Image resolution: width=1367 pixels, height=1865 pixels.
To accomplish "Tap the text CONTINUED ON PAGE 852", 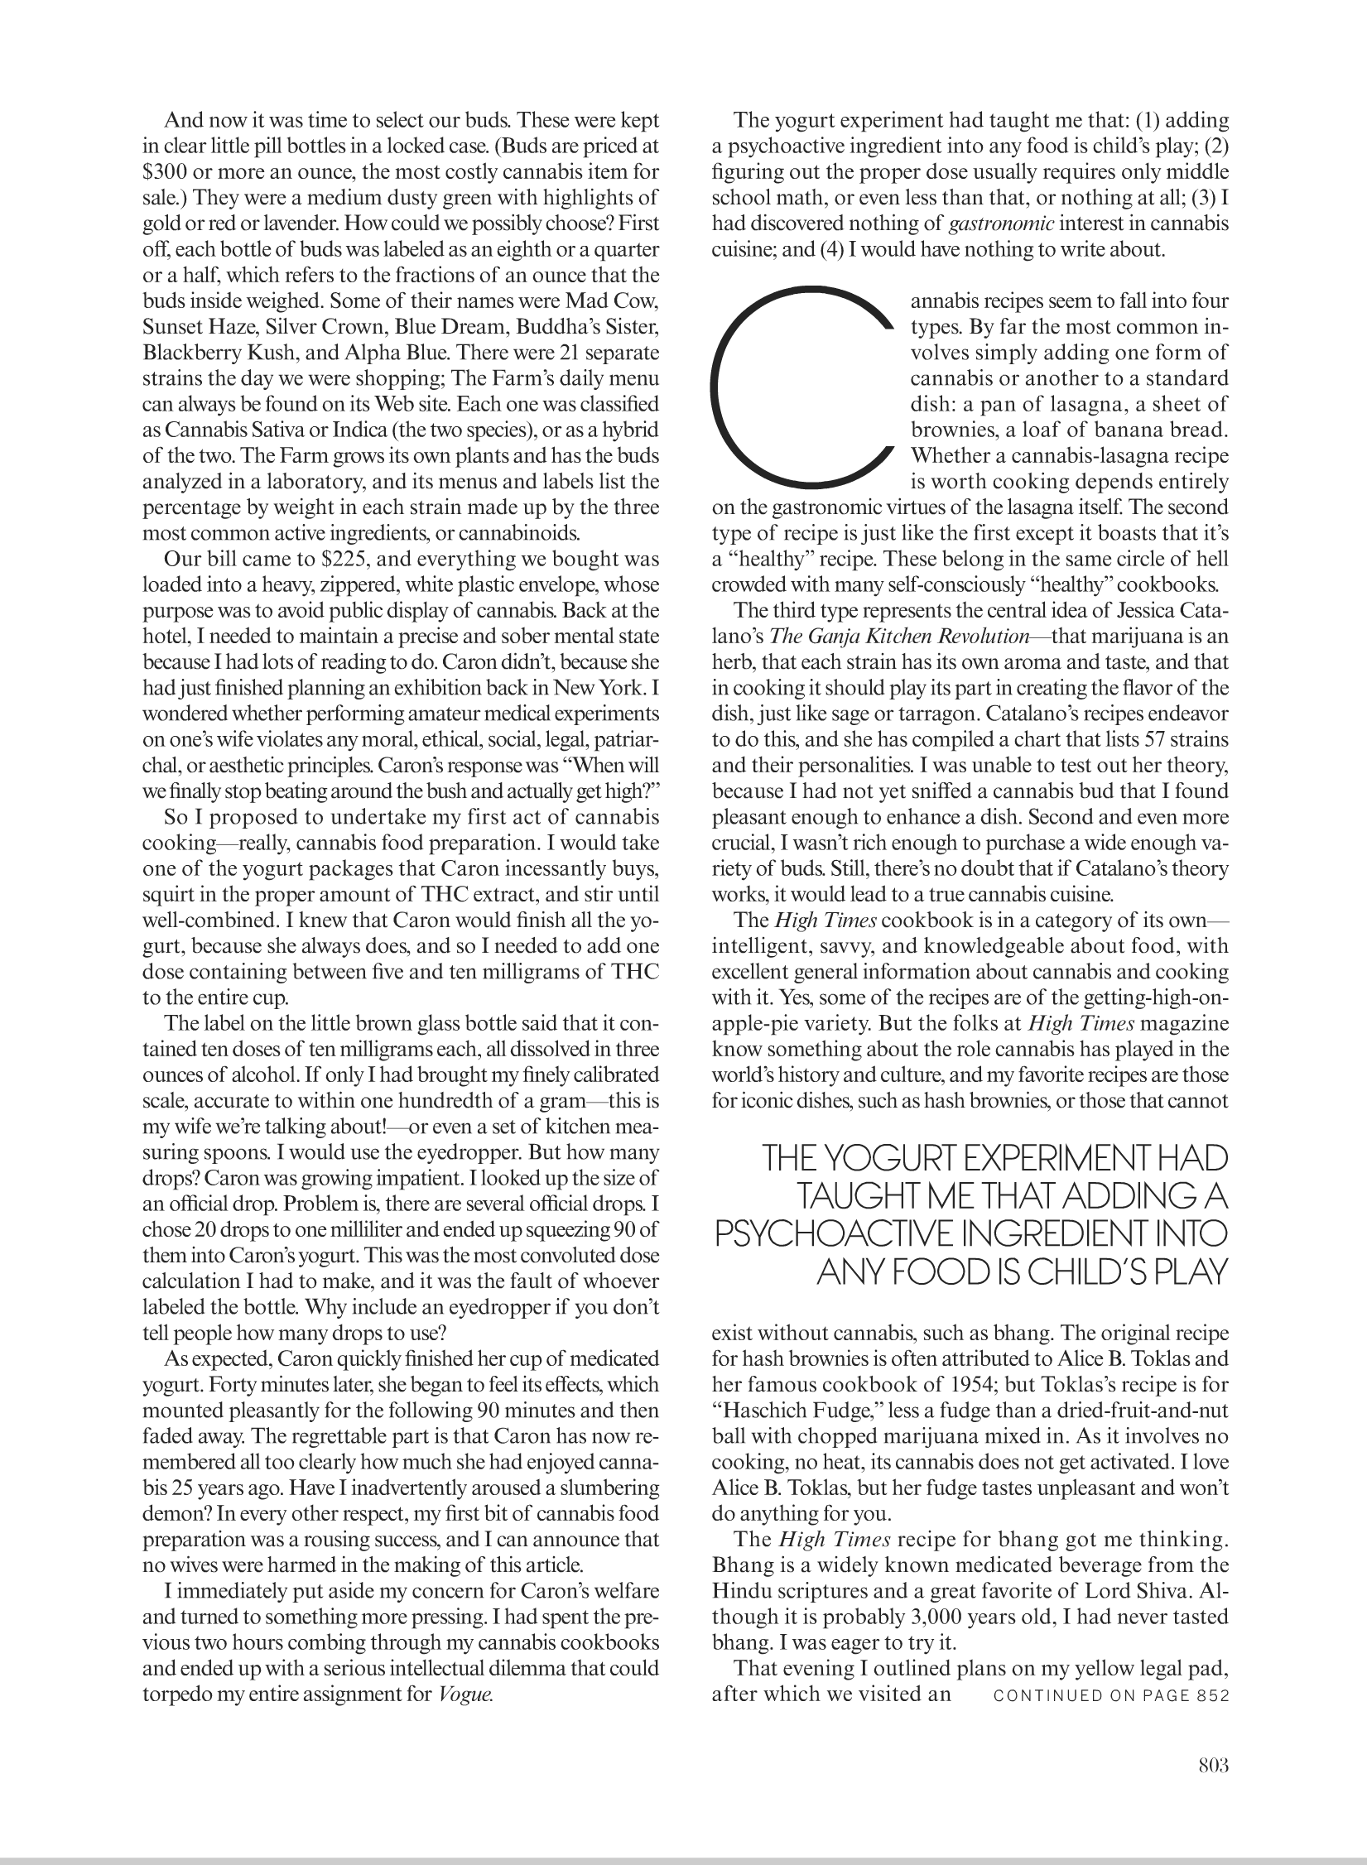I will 1110,1694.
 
